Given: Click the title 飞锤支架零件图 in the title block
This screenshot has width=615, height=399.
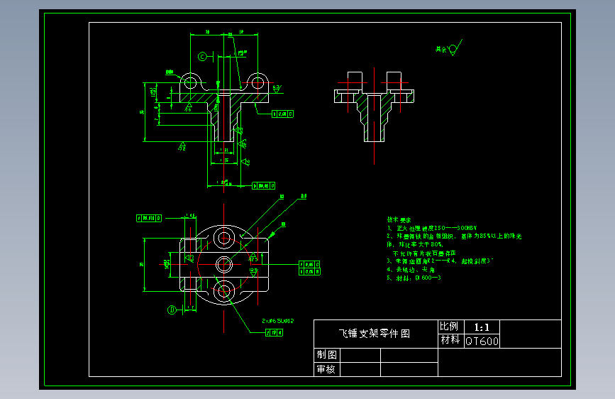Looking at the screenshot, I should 374,333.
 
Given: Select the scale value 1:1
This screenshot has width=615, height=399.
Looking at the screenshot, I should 482,327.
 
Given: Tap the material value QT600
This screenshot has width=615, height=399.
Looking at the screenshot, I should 482,341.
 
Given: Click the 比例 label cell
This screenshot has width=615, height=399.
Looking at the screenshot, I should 450,327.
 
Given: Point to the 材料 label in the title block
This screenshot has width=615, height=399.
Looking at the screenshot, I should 450,341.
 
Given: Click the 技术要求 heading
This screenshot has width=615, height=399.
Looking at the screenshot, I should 399,220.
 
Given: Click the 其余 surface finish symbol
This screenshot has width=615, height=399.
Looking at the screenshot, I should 448,49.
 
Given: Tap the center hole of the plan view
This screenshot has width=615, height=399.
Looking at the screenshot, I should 225,265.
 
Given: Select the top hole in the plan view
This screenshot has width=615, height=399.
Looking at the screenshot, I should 225,237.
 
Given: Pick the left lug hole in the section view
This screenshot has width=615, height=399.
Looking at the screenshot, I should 190,82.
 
